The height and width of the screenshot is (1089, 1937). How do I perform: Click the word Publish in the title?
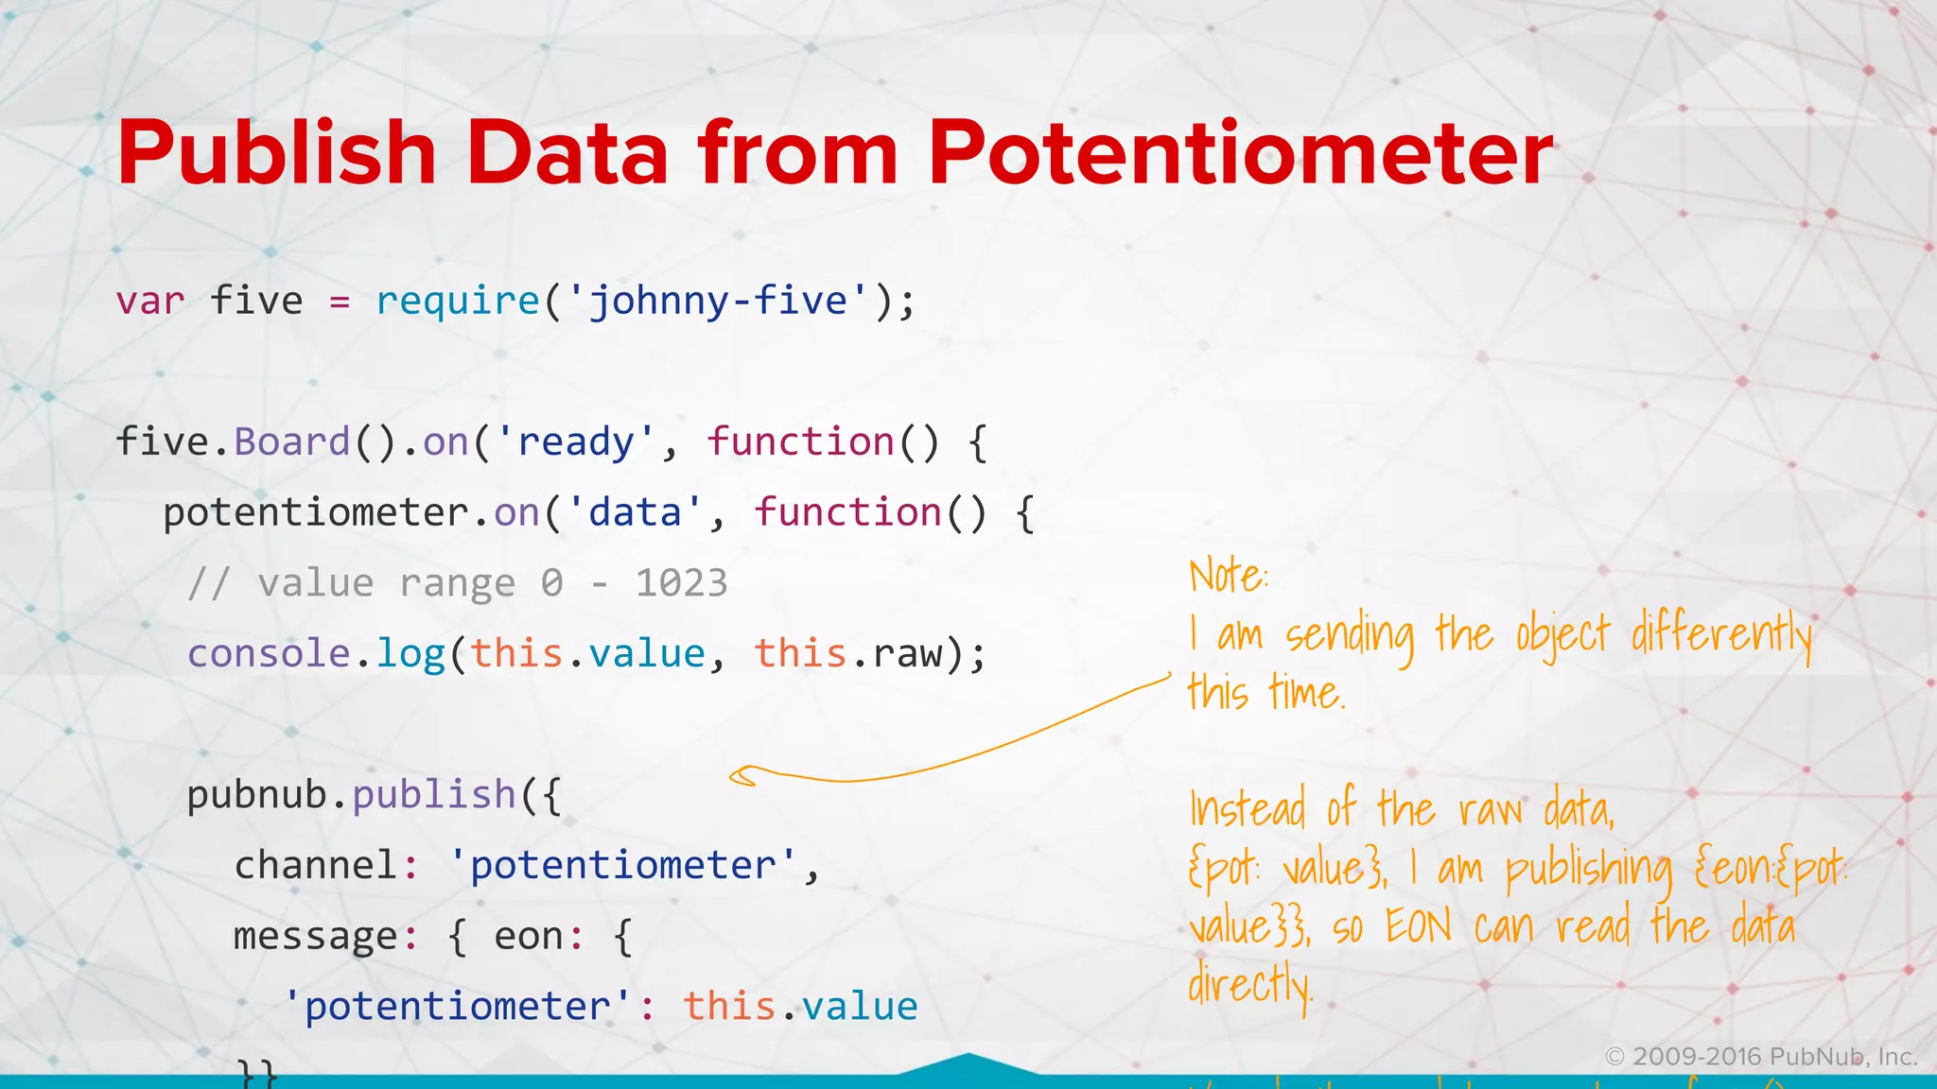tap(276, 153)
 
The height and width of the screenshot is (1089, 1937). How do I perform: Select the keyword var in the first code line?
tap(149, 302)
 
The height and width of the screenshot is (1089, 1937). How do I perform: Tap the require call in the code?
tap(458, 302)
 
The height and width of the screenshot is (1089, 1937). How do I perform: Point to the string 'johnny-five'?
tap(718, 302)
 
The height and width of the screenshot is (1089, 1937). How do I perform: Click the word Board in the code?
tap(292, 442)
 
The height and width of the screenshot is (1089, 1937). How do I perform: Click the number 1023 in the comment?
tap(681, 583)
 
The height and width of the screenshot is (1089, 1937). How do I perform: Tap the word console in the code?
tap(269, 654)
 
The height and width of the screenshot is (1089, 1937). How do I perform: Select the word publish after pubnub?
tap(433, 795)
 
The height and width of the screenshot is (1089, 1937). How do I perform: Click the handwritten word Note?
tap(1227, 576)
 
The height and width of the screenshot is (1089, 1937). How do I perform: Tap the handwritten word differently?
tap(1721, 635)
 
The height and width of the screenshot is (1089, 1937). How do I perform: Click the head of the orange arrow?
tap(743, 776)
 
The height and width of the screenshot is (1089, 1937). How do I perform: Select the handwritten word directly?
tap(1249, 986)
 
